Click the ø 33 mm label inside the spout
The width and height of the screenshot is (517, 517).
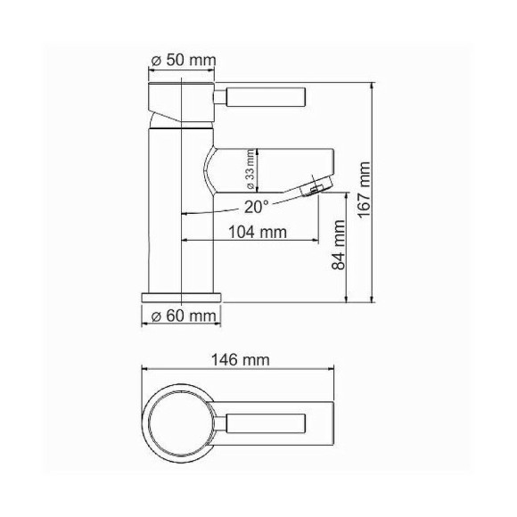[x=250, y=170]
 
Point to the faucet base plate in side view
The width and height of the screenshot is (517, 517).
[x=182, y=296]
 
